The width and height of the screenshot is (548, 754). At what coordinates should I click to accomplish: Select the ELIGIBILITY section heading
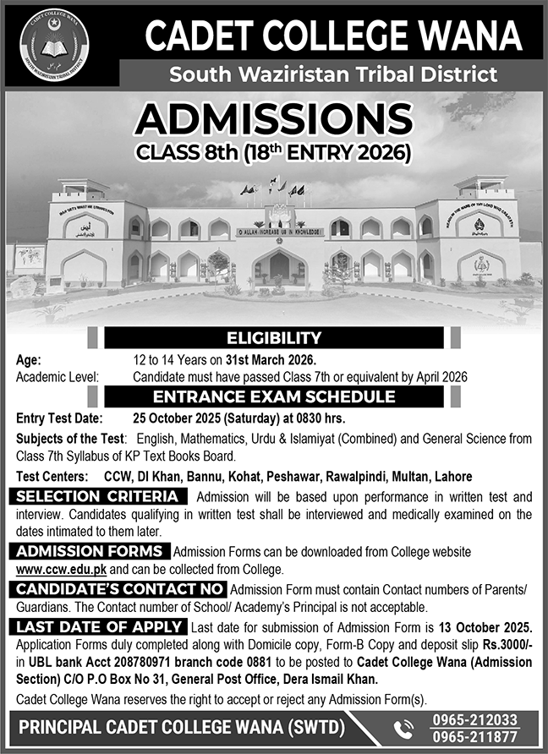click(x=273, y=339)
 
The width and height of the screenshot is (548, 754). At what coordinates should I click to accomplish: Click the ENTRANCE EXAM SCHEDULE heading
click(x=273, y=396)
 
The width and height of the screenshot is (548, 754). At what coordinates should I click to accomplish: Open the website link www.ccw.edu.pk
click(x=52, y=568)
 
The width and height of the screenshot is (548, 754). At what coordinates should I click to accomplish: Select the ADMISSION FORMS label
click(x=92, y=552)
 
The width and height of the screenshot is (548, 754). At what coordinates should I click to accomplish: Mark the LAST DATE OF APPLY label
click(x=101, y=626)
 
